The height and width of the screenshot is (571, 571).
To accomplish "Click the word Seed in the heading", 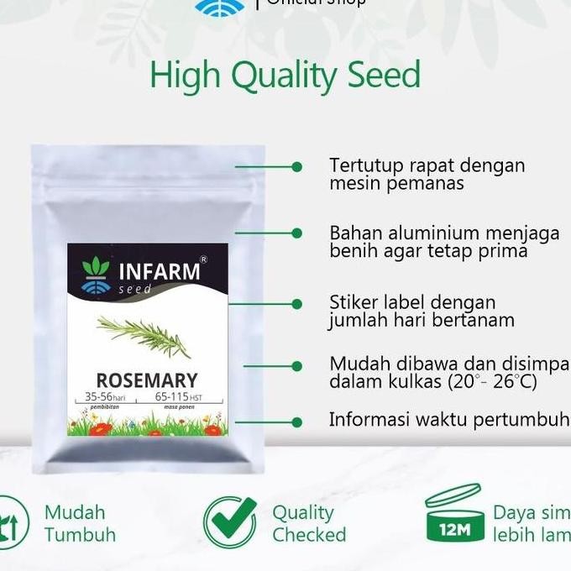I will [x=376, y=75].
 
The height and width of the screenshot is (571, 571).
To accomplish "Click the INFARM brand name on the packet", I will [x=160, y=271].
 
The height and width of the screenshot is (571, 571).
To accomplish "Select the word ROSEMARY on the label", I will [x=147, y=380].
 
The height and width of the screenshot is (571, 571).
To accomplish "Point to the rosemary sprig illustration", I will [x=144, y=334].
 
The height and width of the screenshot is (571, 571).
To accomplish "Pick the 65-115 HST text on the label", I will [x=181, y=397].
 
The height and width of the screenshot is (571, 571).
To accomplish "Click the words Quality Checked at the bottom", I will [x=308, y=523].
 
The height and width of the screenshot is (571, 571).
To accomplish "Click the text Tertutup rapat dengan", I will [x=427, y=165].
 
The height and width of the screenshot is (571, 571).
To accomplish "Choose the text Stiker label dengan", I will [x=412, y=302].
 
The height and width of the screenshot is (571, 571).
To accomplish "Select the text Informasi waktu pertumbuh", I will [x=449, y=419].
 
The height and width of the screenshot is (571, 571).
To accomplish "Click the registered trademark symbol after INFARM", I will [x=203, y=260].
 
